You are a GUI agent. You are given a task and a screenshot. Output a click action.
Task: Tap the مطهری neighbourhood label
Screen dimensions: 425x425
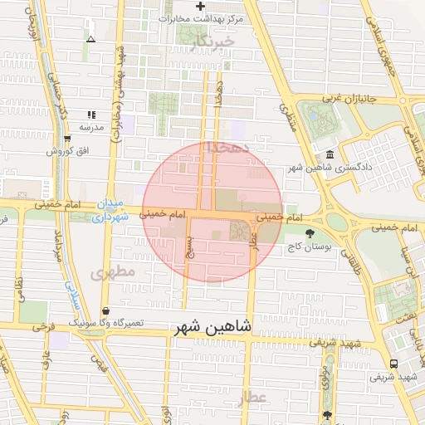[114, 272]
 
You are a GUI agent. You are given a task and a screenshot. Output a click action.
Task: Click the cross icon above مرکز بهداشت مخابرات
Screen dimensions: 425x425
[200, 7]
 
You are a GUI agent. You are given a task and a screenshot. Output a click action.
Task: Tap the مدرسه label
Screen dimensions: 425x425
[90, 127]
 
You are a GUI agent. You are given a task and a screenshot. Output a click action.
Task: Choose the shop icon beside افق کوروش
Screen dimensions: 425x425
[66, 139]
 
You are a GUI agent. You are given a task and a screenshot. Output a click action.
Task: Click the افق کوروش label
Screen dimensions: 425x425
[66, 151]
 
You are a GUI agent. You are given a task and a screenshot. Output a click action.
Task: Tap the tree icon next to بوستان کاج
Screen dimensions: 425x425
[310, 234]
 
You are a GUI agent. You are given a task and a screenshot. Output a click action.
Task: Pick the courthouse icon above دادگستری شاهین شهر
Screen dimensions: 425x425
[330, 155]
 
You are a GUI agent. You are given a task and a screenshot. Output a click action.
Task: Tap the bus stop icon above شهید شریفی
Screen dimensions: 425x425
[393, 364]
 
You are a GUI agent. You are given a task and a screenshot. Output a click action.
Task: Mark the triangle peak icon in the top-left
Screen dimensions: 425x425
[90, 38]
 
